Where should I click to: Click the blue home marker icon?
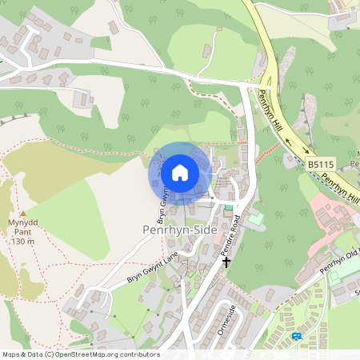(x=179, y=173)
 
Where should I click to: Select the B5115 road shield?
(x=321, y=165)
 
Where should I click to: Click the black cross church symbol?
(x=226, y=261)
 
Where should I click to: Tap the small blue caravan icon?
(x=298, y=336)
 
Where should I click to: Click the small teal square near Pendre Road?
(x=229, y=208)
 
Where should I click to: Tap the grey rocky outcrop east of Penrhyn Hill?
(x=303, y=120)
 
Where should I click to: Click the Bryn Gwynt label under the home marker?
(x=162, y=206)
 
